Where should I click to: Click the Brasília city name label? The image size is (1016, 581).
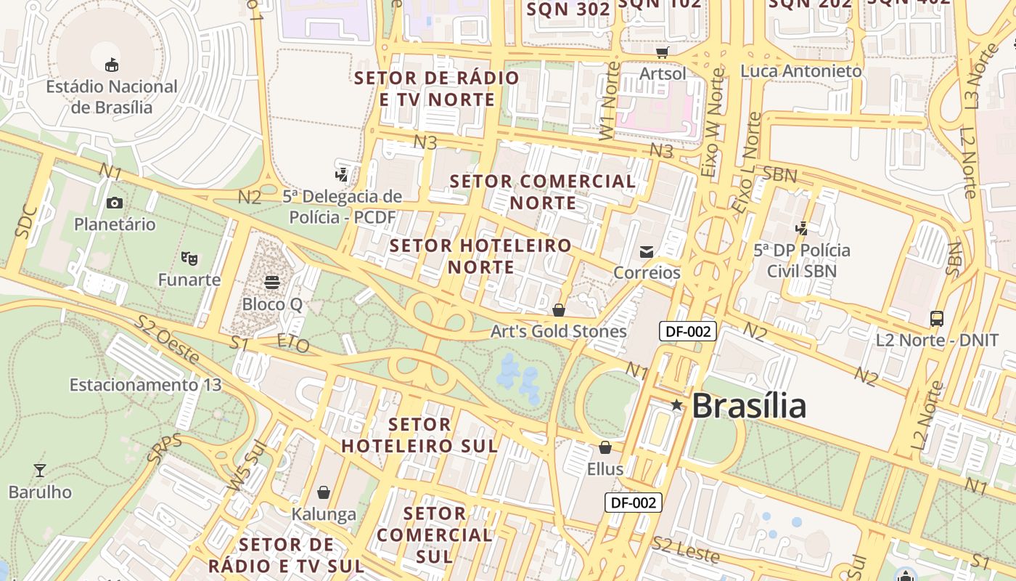point(748,405)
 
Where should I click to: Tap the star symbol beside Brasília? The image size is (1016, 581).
point(676,405)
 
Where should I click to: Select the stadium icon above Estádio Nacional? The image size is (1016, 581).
point(112,65)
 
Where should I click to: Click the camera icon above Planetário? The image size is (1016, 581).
point(114,203)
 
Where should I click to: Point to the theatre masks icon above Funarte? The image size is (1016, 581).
point(189,258)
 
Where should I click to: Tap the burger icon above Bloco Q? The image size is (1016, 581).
point(272,282)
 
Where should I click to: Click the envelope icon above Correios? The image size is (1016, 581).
point(647,251)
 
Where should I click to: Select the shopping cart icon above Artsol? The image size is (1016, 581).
point(662,52)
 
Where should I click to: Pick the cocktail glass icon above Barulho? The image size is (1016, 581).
point(40,471)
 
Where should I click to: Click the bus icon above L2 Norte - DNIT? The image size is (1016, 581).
point(937,318)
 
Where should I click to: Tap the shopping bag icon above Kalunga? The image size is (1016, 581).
point(324,492)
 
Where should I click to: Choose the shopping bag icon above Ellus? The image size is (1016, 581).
point(605,447)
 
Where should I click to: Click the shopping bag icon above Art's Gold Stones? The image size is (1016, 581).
point(559,310)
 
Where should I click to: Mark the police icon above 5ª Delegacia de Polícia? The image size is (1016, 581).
point(342,174)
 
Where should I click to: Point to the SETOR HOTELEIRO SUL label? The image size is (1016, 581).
point(419,434)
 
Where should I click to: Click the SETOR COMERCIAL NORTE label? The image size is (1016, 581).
point(543,192)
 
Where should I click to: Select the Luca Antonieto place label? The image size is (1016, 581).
point(801,71)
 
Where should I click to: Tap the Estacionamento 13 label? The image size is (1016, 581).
point(145,385)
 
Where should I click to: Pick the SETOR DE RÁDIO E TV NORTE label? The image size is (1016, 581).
point(437,88)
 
